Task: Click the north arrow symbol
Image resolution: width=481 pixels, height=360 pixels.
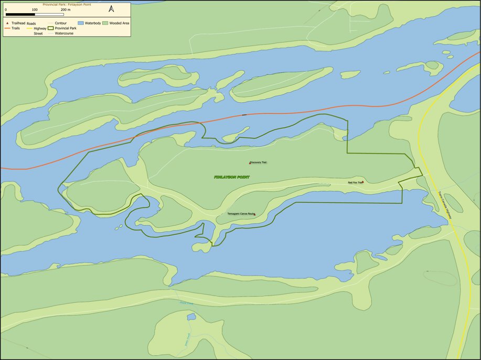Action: pyautogui.click(x=111, y=9)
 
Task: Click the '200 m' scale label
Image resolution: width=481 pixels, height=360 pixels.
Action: pyautogui.click(x=66, y=9)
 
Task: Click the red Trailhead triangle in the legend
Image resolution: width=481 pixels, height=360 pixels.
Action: pyautogui.click(x=7, y=24)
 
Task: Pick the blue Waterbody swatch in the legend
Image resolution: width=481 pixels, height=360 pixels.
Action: pyautogui.click(x=81, y=24)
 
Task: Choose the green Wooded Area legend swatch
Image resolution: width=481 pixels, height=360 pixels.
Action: pyautogui.click(x=105, y=24)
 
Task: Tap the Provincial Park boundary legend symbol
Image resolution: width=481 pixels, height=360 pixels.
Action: pyautogui.click(x=51, y=28)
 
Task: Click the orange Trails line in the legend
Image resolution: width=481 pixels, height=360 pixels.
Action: pyautogui.click(x=7, y=28)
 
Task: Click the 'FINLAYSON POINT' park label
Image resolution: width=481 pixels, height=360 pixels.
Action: pyautogui.click(x=231, y=177)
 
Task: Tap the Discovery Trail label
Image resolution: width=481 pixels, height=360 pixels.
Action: pyautogui.click(x=259, y=162)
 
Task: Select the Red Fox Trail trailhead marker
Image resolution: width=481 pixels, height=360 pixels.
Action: pyautogui.click(x=362, y=182)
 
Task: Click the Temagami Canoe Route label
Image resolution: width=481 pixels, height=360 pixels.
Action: pyautogui.click(x=240, y=214)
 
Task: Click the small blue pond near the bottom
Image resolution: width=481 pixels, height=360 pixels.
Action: pyautogui.click(x=191, y=317)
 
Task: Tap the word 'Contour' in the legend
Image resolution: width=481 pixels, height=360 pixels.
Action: pyautogui.click(x=60, y=24)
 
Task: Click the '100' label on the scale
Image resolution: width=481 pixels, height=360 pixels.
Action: pyautogui.click(x=35, y=9)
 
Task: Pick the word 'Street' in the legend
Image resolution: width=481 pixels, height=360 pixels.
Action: pyautogui.click(x=38, y=33)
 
